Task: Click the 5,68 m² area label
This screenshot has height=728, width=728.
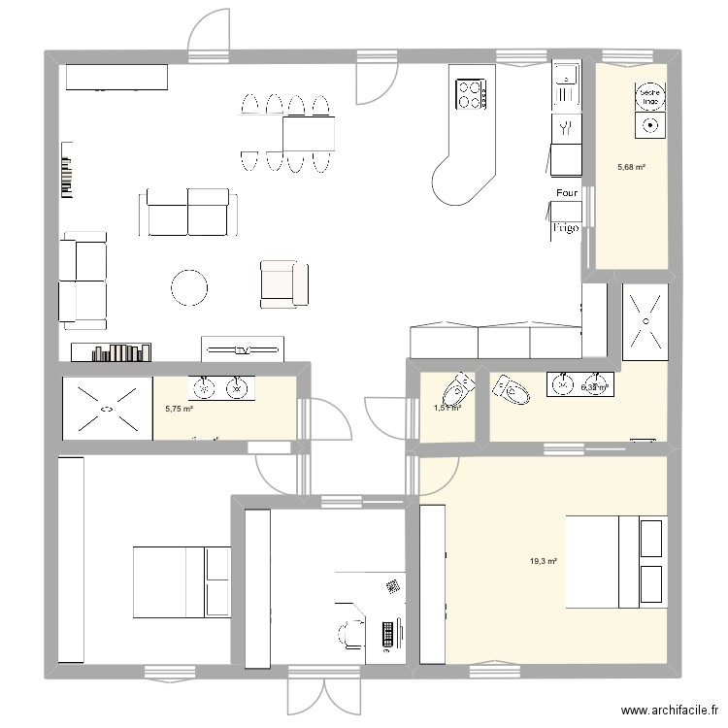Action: point(632,167)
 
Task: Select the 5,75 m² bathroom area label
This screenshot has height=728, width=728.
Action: point(180,410)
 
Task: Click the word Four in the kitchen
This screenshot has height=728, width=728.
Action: point(568,193)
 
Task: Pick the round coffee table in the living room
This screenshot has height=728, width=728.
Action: point(189,286)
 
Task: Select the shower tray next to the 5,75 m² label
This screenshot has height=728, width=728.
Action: point(106,408)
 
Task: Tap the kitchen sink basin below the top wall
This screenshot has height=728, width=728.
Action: point(564,73)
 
